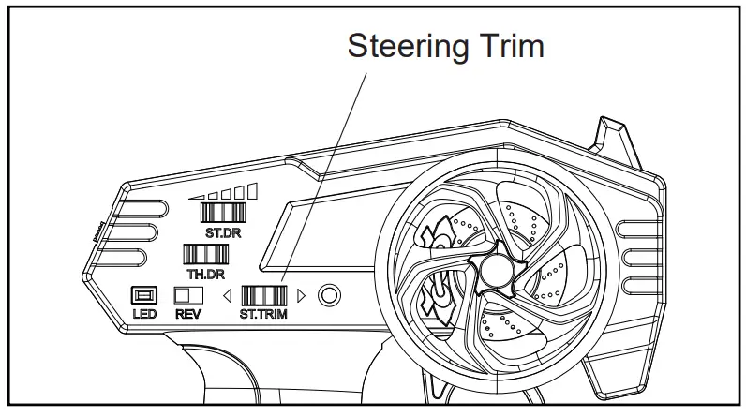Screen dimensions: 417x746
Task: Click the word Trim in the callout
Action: (510, 45)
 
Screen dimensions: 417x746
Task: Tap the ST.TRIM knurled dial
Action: (263, 295)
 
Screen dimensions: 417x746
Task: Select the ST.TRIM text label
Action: (263, 315)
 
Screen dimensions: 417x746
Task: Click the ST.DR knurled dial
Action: (223, 212)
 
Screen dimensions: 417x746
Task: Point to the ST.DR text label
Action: (223, 231)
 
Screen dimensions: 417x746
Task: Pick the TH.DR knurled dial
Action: (201, 253)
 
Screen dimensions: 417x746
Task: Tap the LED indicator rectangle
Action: (144, 295)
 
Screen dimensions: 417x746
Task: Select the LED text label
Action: (144, 315)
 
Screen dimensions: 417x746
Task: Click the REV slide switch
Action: (188, 295)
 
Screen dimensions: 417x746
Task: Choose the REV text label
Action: (188, 315)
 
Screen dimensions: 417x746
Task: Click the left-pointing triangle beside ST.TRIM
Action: (226, 296)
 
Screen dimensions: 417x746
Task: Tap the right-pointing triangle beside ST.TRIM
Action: (301, 296)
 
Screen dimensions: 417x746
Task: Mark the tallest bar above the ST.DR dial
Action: (252, 190)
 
